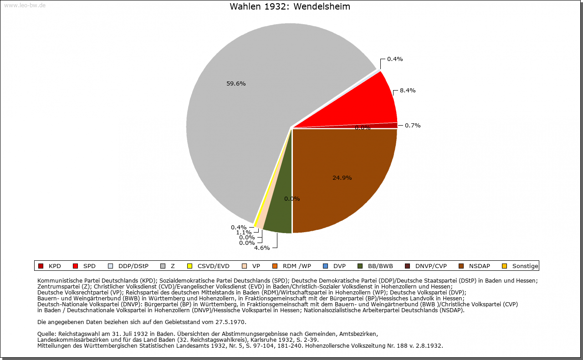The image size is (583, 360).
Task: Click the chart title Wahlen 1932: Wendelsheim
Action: [x=290, y=7]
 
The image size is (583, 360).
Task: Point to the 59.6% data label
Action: [x=236, y=84]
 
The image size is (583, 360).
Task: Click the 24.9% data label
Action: [x=342, y=178]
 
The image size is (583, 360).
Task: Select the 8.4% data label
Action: [x=408, y=91]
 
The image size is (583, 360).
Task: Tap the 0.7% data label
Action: [x=413, y=126]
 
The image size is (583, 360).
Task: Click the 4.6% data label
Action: [x=262, y=248]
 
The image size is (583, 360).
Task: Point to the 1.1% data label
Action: [x=244, y=233]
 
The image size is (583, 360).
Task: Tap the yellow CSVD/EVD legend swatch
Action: [x=190, y=266]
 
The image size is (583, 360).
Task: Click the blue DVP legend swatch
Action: [x=325, y=266]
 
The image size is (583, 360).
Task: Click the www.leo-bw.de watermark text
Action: [x=25, y=5]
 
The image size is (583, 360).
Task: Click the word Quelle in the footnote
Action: [x=47, y=334]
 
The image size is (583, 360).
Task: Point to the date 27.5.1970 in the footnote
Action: [x=230, y=322]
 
